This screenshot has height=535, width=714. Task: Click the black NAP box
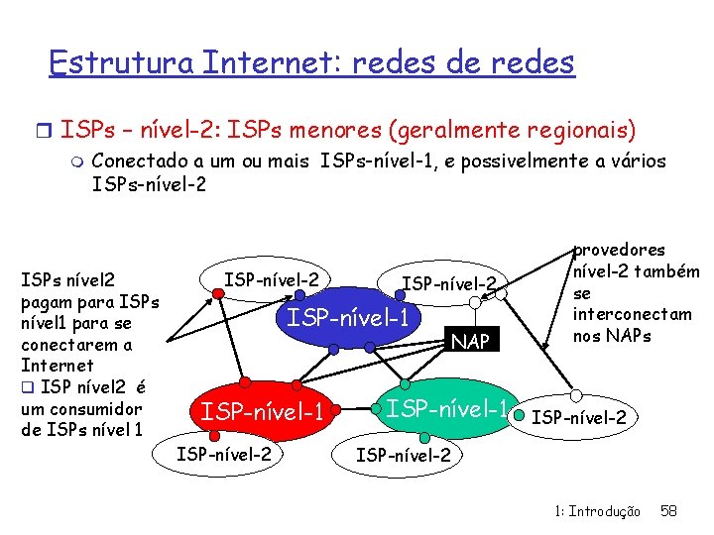[x=470, y=342]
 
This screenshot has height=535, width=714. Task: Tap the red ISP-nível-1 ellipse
[x=263, y=410]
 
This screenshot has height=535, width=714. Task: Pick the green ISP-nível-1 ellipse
[x=446, y=407]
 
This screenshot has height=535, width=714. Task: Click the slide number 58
[x=668, y=511]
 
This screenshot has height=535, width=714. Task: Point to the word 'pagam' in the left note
[x=44, y=301]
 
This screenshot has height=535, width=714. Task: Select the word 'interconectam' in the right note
[x=632, y=314]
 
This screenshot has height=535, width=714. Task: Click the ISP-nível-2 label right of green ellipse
[x=579, y=417]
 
